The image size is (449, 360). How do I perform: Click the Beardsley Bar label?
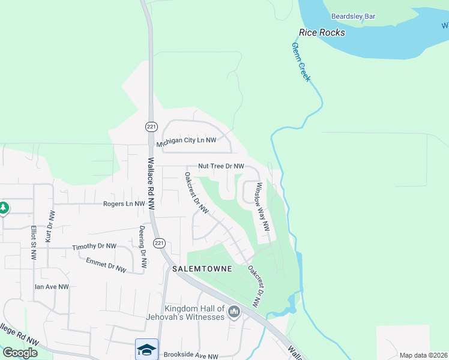pyautogui.click(x=353, y=16)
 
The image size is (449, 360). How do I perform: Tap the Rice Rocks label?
pyautogui.click(x=322, y=32)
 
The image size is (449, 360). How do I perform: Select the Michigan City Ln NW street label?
pyautogui.click(x=186, y=142)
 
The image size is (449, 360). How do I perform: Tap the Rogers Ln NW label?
pyautogui.click(x=124, y=204)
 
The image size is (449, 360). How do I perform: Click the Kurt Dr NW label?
pyautogui.click(x=51, y=226)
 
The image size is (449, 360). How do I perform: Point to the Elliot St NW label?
pyautogui.click(x=33, y=242)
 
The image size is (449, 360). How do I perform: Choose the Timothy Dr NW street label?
pyautogui.click(x=94, y=247)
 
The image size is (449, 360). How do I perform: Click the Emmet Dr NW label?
pyautogui.click(x=106, y=265)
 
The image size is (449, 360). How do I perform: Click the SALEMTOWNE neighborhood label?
pyautogui.click(x=202, y=269)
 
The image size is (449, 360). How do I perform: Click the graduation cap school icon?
pyautogui.click(x=147, y=349)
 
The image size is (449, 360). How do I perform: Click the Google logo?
pyautogui.click(x=20, y=353)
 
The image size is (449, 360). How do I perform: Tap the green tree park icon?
pyautogui.click(x=4, y=208)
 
